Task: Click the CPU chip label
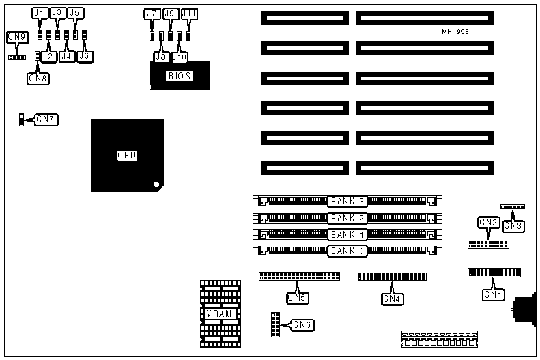[x=127, y=156]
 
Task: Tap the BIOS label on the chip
[x=180, y=76]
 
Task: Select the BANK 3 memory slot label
[x=348, y=202]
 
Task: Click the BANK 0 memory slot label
[x=348, y=251]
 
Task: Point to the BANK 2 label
[x=348, y=219]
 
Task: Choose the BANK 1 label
[x=348, y=234]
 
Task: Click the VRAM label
[x=221, y=314]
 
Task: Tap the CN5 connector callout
[x=296, y=297]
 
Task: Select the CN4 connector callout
[x=392, y=298]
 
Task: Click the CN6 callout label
[x=302, y=325]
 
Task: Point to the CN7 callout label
[x=46, y=120]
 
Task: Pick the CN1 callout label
[x=493, y=295]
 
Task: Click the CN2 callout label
[x=488, y=222]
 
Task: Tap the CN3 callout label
[x=513, y=225]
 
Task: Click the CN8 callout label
[x=38, y=78]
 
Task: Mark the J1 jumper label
[x=39, y=13]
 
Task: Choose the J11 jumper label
[x=189, y=14]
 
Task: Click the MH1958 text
[x=455, y=32]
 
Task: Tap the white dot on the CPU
[x=156, y=184]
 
